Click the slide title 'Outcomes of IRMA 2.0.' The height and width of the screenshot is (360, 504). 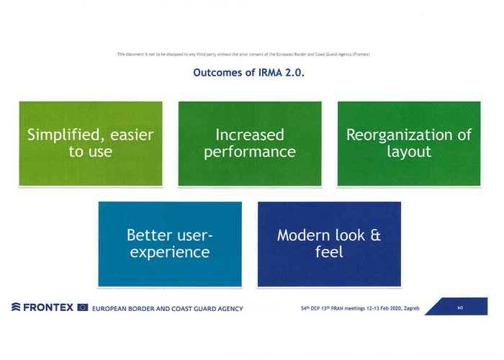251,73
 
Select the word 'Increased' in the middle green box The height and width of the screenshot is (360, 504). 250,135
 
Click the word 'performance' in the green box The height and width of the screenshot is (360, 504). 250,152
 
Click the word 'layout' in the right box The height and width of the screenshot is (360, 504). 408,152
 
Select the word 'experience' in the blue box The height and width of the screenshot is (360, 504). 170,253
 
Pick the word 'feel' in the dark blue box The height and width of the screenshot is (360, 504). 329,253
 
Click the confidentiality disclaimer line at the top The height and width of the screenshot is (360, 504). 251,55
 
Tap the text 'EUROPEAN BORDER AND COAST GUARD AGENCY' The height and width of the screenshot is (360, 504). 166,309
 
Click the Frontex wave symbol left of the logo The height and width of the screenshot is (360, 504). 14,308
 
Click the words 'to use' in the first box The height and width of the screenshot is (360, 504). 91,152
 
